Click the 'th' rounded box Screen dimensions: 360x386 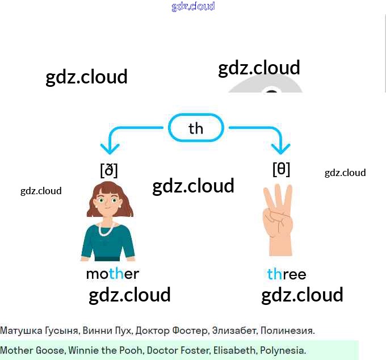point(196,128)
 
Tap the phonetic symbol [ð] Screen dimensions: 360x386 point(108,170)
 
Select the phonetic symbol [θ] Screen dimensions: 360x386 point(282,169)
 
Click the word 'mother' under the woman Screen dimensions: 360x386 point(112,274)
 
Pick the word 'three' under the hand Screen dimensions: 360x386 point(287,275)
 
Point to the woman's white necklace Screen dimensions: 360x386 point(106,230)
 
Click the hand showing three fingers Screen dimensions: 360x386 point(278,221)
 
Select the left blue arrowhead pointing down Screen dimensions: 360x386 point(110,149)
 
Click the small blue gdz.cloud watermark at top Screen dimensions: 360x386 point(193,7)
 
